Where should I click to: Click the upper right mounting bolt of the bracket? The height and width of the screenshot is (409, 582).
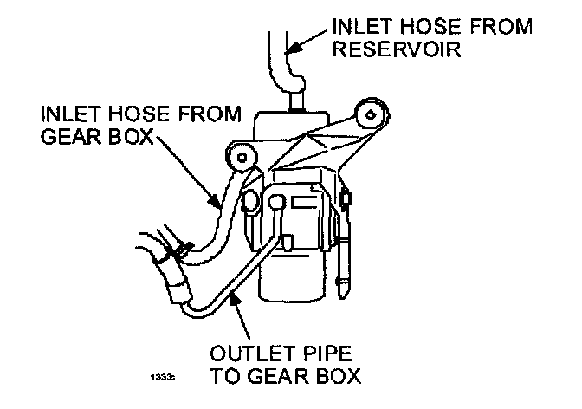click(x=372, y=113)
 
